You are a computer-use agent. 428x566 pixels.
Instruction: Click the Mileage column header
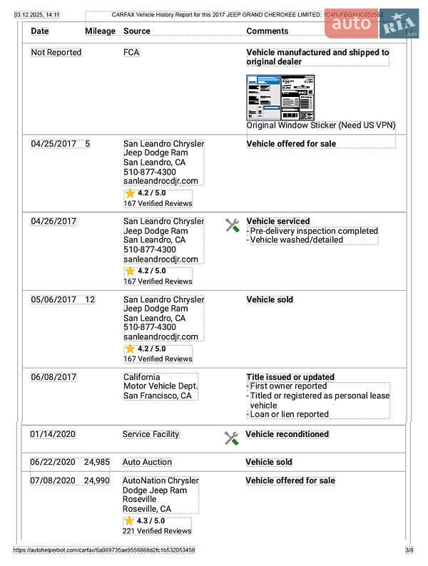pos(100,31)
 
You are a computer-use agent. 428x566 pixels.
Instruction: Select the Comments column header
pos(267,31)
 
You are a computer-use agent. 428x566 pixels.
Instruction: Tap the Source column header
pos(137,31)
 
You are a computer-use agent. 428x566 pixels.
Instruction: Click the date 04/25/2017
pos(53,143)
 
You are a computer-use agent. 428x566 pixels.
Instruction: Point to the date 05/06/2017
pos(53,299)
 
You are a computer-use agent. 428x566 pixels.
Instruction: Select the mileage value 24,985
pos(97,462)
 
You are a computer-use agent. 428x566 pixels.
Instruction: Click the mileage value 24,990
pos(97,480)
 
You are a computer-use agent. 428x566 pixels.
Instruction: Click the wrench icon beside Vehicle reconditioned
pos(231,438)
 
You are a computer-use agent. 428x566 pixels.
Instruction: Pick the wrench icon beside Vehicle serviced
pos(232,225)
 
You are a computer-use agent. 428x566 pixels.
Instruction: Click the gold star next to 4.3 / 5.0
pos(129,520)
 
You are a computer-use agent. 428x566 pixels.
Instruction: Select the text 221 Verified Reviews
pos(157,531)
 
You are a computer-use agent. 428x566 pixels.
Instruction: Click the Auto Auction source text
pos(147,462)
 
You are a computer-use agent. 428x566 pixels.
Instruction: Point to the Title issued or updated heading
pos(290,377)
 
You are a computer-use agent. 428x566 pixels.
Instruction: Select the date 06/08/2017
pos(53,377)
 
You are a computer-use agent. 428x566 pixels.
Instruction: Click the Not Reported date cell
pos(56,52)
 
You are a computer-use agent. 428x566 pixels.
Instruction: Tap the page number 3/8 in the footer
pos(409,550)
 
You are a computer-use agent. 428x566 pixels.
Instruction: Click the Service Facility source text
pos(151,433)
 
